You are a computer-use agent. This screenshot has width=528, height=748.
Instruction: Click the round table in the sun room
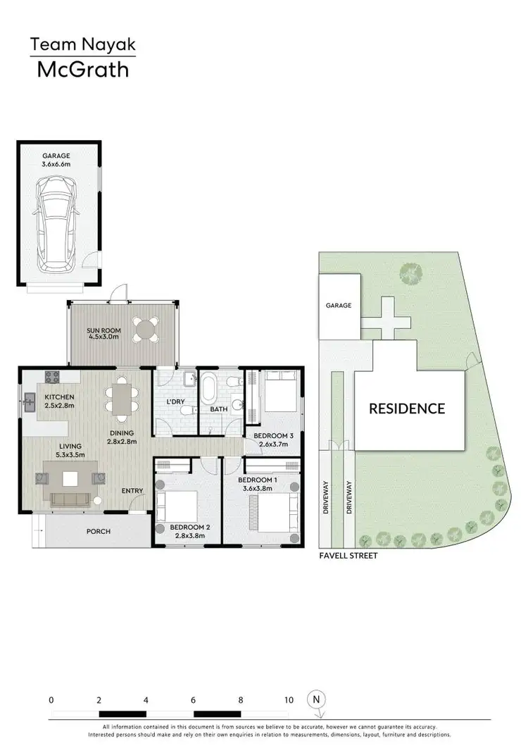(x=146, y=329)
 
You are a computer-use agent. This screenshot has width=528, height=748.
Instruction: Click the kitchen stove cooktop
(x=51, y=377)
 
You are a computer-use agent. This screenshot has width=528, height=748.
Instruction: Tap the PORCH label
(x=99, y=531)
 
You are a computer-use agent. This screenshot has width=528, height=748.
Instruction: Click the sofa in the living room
(x=68, y=499)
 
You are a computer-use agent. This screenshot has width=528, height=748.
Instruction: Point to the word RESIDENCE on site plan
(x=408, y=409)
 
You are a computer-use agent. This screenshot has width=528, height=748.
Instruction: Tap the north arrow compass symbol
(x=317, y=702)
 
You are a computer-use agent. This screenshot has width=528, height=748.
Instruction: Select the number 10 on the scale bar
(x=289, y=701)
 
